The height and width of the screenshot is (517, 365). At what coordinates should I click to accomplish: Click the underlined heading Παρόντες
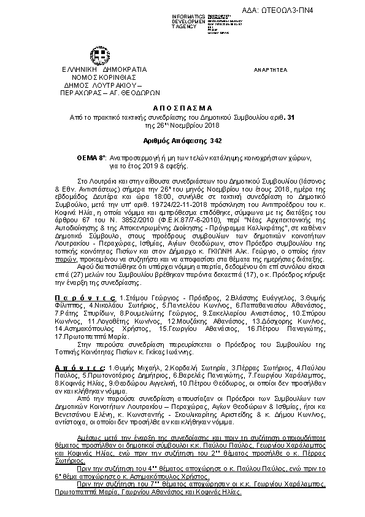point(84,297)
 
